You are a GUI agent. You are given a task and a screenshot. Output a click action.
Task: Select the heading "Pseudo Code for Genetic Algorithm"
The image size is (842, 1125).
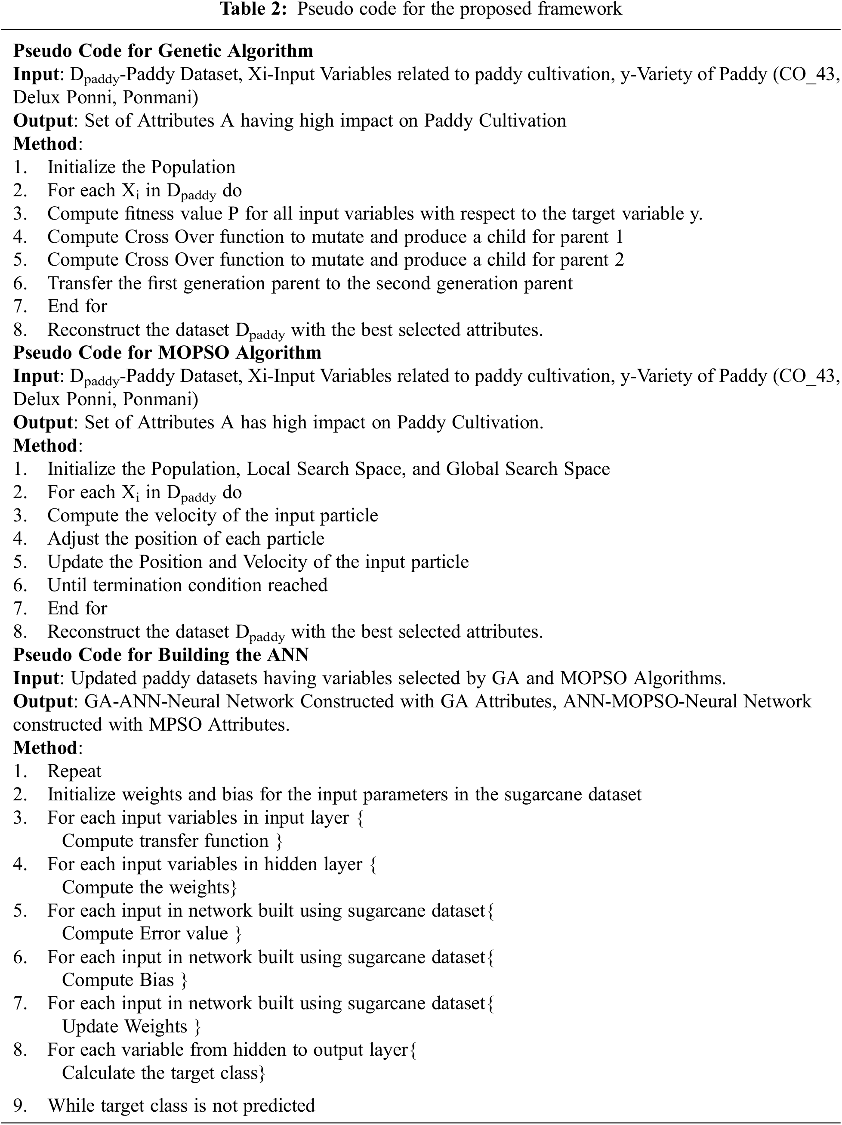tap(163, 51)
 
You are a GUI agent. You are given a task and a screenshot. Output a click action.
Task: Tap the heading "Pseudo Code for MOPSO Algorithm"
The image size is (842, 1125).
tap(167, 353)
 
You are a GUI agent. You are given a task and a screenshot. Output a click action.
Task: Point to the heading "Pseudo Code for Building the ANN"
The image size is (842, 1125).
tap(160, 654)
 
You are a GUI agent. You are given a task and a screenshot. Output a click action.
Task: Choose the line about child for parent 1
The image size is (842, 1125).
tap(335, 236)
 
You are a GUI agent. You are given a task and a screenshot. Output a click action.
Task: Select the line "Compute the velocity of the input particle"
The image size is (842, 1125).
tap(213, 515)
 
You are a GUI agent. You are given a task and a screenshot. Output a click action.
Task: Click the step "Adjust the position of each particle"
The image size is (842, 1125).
tap(185, 538)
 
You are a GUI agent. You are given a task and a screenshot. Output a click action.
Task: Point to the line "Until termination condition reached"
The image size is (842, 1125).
tap(187, 585)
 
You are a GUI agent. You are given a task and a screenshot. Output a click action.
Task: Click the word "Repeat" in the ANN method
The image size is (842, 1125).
tap(74, 771)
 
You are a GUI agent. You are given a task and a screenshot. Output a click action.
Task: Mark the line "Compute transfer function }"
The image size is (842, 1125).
tap(172, 841)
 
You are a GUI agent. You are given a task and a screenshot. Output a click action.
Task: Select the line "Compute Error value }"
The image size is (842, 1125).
tap(151, 933)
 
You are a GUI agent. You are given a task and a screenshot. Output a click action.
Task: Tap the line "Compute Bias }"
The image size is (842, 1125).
tap(124, 980)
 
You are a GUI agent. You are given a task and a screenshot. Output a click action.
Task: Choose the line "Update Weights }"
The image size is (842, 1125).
tap(131, 1026)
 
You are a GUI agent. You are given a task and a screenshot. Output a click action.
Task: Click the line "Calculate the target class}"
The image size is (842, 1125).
tap(163, 1072)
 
